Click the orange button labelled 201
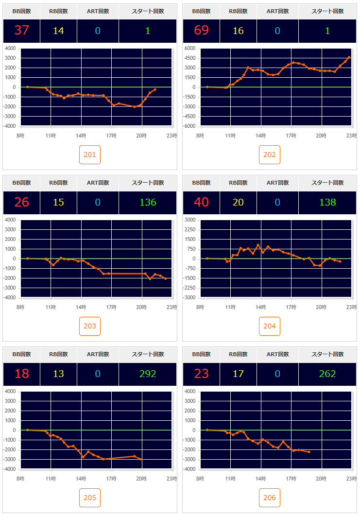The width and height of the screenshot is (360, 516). (90, 155)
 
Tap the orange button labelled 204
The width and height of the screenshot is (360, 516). (270, 326)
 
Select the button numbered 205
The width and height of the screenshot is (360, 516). (90, 498)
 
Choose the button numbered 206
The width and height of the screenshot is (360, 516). (270, 498)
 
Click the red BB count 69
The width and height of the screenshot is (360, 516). (201, 31)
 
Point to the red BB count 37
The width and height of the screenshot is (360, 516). (22, 31)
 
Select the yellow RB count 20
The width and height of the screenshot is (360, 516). (238, 202)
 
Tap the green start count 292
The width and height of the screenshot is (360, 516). (148, 374)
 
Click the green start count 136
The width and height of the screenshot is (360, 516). (148, 202)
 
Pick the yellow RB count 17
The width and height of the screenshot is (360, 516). (238, 374)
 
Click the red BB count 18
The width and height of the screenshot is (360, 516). (22, 374)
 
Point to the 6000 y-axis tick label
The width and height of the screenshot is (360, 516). (190, 49)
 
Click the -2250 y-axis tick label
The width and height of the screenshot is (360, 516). (189, 288)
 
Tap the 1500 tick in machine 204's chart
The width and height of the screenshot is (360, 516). (190, 239)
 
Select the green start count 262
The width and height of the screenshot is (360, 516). (327, 374)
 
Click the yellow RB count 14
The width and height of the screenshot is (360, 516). (58, 31)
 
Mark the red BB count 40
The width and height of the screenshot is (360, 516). (201, 202)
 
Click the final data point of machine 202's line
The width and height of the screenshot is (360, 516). (349, 57)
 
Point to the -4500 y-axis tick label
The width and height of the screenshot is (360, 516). (189, 117)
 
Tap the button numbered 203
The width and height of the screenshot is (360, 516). (90, 326)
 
